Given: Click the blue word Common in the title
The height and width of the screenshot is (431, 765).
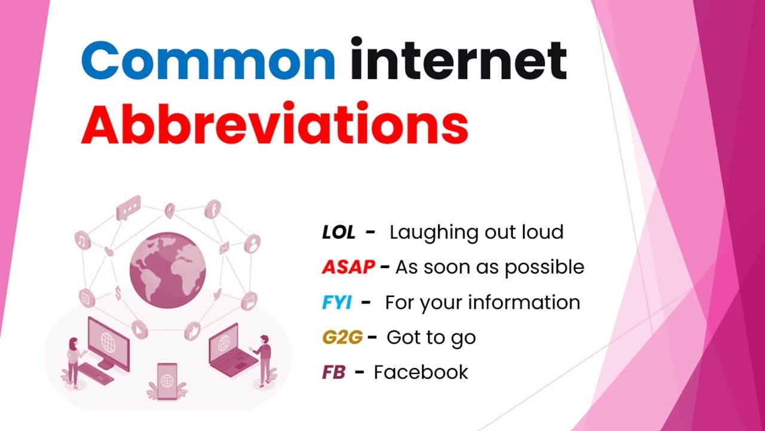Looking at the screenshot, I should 207,60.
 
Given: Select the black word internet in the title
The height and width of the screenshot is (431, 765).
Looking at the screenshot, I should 458,60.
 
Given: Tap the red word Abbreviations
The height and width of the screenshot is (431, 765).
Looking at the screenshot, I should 274,126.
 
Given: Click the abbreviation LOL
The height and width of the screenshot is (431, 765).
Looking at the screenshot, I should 338,233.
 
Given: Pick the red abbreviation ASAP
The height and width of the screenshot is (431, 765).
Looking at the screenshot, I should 348,268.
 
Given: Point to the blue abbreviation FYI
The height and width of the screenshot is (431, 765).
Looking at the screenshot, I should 337,303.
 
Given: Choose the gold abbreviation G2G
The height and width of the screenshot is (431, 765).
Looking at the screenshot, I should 342,338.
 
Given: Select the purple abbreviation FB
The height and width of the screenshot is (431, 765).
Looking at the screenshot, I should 333,372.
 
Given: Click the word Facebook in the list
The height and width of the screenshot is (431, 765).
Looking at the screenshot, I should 421,372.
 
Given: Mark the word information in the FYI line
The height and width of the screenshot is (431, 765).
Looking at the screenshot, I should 524,303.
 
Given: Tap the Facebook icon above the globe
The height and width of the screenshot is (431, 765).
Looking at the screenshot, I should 213,210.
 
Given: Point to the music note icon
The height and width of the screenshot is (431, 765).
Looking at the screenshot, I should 82,241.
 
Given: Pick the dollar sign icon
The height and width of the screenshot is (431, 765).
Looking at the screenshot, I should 118,293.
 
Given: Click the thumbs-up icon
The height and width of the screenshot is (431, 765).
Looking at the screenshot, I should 193,329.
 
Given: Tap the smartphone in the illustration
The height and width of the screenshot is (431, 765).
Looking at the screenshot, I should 167,380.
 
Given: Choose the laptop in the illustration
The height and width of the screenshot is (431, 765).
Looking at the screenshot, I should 228,350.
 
